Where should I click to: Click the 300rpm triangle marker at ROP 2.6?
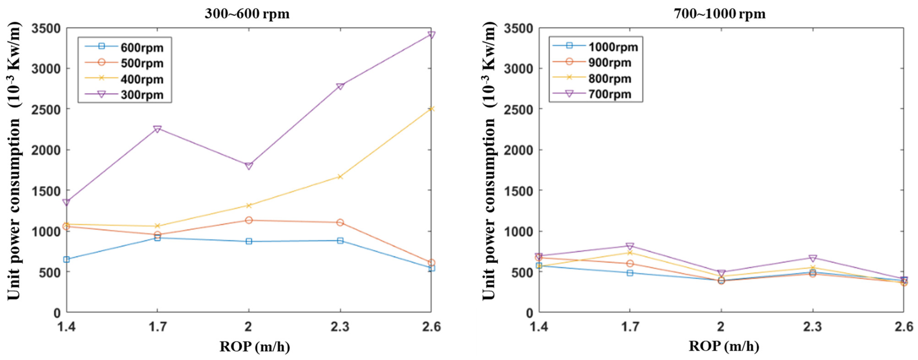coord(431,35)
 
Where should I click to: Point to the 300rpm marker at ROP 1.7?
coord(157,129)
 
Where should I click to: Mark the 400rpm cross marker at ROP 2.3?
coord(340,176)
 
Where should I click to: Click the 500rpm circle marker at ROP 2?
coord(249,220)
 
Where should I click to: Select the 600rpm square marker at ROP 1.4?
coord(66,259)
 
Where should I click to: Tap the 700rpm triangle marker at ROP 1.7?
coord(630,246)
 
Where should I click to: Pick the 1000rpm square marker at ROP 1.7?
coord(630,273)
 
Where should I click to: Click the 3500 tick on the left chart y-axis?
coord(46,28)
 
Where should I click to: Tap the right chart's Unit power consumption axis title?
coord(489,160)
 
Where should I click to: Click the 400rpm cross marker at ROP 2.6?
coord(431,109)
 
